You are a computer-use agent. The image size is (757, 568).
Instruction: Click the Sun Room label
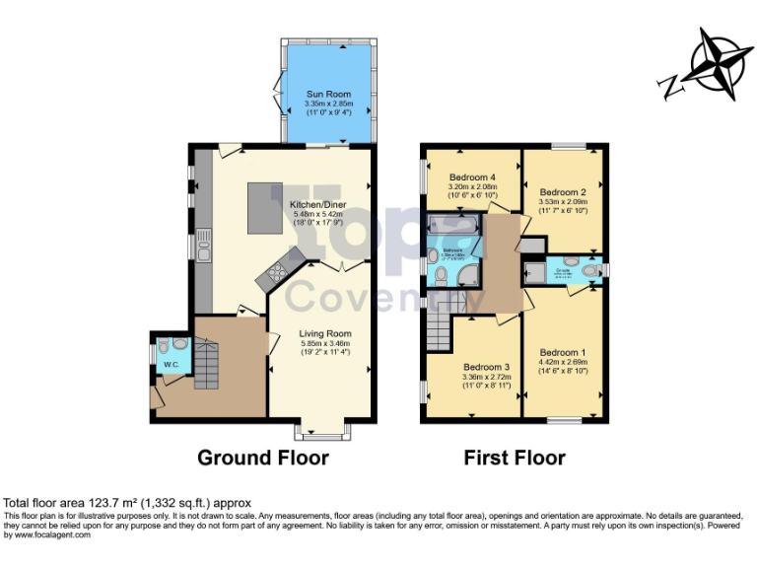click(x=327, y=95)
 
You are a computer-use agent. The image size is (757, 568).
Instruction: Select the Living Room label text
click(x=325, y=334)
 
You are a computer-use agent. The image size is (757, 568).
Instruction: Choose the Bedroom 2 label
click(x=564, y=191)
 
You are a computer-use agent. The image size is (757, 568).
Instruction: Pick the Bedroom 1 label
click(x=563, y=352)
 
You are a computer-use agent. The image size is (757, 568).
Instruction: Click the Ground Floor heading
click(x=263, y=458)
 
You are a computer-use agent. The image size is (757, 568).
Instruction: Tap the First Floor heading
click(x=515, y=458)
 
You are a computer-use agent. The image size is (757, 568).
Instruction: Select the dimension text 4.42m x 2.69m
click(x=563, y=362)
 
